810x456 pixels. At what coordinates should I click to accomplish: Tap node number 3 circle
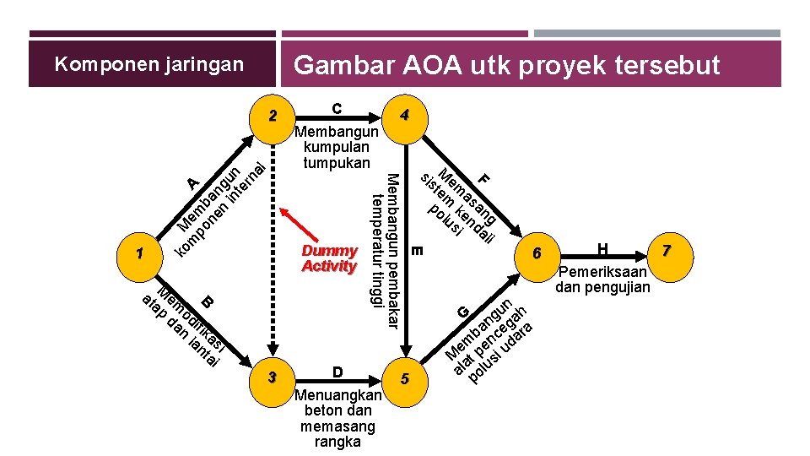272,377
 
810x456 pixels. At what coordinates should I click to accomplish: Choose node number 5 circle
405,379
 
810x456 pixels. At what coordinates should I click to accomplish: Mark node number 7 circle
667,251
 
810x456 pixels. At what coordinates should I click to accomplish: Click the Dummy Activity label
329,258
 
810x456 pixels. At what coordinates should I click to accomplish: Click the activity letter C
337,108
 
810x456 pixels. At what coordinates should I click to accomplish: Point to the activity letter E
418,251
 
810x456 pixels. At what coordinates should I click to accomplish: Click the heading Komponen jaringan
148,64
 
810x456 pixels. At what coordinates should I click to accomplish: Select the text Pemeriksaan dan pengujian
602,280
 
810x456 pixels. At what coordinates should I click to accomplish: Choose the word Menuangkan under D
337,395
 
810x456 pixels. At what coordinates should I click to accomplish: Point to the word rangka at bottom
337,442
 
